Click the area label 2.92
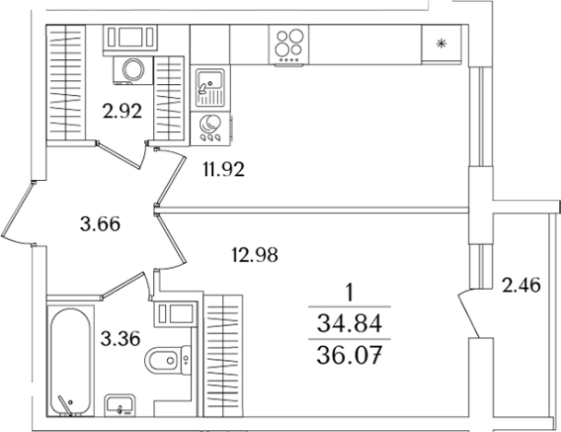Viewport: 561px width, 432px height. (122, 111)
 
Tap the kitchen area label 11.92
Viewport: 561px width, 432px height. (223, 169)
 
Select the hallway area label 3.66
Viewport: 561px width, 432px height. (101, 224)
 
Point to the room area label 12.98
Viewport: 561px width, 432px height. (255, 255)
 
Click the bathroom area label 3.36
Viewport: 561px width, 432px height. (120, 339)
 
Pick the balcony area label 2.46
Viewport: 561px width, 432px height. (521, 285)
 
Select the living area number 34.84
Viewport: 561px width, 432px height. (350, 323)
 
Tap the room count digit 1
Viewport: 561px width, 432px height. (350, 292)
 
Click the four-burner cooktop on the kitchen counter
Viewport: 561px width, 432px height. (289, 45)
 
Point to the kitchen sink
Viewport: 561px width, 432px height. (210, 88)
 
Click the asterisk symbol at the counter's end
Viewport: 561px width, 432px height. (441, 44)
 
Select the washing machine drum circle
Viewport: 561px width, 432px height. (133, 68)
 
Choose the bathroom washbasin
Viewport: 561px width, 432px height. (120, 405)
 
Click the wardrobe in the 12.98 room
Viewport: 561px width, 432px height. (222, 355)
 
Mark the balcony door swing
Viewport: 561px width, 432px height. (471, 314)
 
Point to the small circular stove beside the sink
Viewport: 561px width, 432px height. (210, 127)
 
